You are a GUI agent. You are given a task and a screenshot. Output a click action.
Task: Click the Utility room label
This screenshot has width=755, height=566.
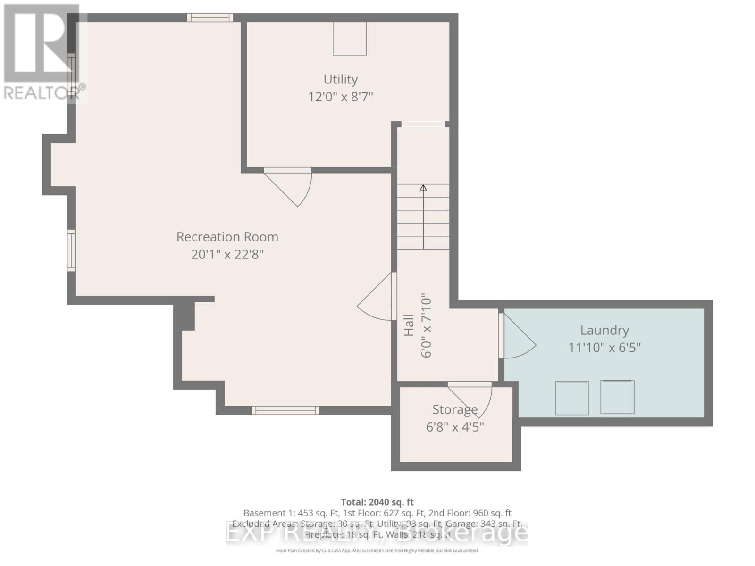tap(340, 79)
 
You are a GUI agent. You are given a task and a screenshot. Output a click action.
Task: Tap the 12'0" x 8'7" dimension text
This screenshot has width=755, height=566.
tap(340, 97)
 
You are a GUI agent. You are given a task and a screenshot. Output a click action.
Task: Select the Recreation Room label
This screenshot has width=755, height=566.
tap(227, 237)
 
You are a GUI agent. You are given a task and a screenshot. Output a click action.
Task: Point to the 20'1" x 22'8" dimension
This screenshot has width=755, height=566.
tap(227, 255)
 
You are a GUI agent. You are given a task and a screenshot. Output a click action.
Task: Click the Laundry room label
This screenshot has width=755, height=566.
tap(604, 330)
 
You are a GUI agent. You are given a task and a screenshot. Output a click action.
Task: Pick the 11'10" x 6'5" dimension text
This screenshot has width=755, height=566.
tap(604, 348)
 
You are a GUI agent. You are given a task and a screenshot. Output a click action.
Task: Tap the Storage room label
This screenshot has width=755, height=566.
tap(455, 409)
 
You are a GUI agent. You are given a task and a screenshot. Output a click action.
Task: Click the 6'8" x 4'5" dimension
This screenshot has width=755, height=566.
tap(455, 427)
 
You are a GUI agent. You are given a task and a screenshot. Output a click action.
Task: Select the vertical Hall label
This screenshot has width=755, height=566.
tap(409, 325)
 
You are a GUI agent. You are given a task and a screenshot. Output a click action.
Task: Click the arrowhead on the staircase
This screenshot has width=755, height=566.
tap(423, 188)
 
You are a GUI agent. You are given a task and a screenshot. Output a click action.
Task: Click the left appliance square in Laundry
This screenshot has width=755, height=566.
tap(572, 398)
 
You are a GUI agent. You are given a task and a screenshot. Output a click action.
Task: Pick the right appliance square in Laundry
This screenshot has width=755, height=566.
tap(617, 397)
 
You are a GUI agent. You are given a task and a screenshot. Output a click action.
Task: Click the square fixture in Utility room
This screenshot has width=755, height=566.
tap(350, 39)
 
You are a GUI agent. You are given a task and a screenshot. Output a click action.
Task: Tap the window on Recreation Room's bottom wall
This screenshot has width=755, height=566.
tap(285, 410)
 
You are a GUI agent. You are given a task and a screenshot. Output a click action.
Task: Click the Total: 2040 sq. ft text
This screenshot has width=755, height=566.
tap(377, 502)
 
